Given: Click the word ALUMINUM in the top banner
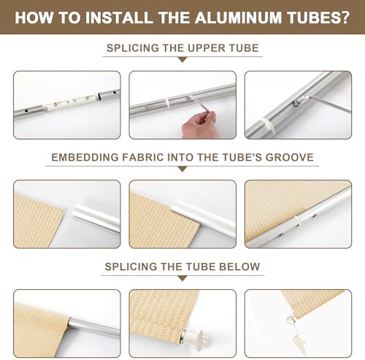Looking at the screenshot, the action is point(238,18).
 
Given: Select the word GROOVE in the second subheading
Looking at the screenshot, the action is point(289,157).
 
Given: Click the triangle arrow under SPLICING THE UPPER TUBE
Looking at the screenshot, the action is point(182,60).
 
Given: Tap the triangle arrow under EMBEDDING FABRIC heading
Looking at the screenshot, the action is point(182,169).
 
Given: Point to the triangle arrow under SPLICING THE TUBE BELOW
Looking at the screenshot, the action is point(182,278).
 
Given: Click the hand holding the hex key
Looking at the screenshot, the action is point(199,126).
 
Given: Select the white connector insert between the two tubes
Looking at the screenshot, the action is point(71,102).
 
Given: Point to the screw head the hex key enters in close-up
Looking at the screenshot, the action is point(296,103).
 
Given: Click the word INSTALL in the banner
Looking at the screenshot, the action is point(119,18).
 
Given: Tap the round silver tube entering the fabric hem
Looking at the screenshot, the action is point(94,328).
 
